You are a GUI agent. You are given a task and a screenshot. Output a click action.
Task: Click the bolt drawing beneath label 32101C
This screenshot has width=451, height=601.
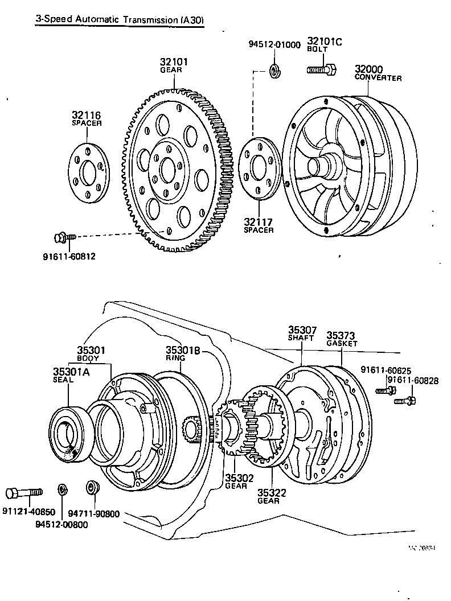(322, 70)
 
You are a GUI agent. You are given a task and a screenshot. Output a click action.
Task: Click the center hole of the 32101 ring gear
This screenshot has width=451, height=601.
(168, 169)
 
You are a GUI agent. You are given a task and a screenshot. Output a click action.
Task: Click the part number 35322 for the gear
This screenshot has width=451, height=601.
(272, 492)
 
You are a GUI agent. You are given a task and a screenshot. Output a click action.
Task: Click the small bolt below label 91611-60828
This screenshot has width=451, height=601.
(404, 401)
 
